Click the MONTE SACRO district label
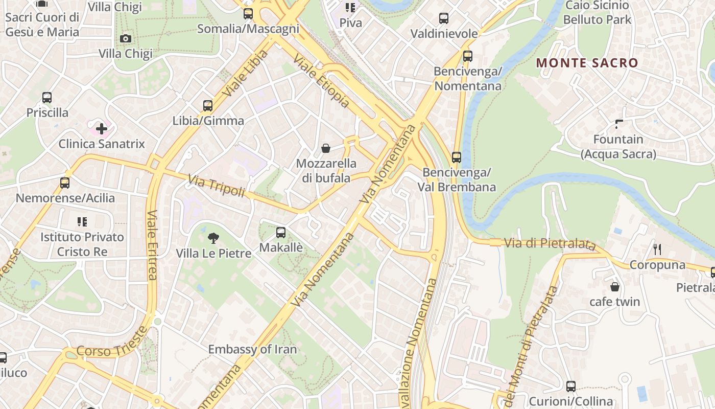click(587, 63)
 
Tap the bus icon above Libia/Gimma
click(208, 106)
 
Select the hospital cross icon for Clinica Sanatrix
click(102, 128)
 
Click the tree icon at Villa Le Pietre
click(213, 238)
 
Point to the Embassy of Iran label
click(252, 350)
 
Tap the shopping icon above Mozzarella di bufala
click(326, 149)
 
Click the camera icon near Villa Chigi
click(125, 38)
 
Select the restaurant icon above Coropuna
click(657, 249)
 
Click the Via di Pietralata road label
click(550, 244)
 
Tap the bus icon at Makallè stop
click(281, 233)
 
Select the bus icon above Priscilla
click(47, 97)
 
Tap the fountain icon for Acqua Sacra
click(619, 124)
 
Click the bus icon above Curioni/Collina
click(571, 387)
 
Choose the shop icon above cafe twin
click(615, 287)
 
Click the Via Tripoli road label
click(216, 187)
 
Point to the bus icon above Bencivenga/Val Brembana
click(457, 157)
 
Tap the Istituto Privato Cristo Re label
click(82, 244)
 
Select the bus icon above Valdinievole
click(444, 18)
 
